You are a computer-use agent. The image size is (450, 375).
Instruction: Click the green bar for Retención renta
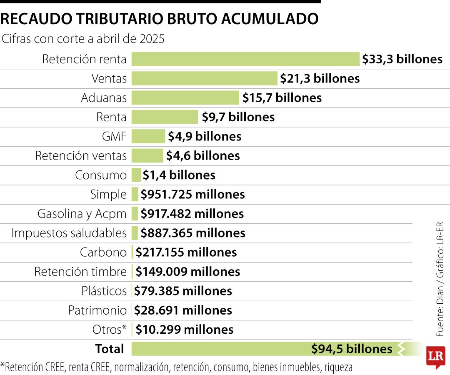click(x=245, y=59)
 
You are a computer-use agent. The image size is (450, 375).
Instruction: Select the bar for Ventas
click(x=204, y=78)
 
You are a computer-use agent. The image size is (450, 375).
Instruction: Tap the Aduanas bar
click(x=185, y=98)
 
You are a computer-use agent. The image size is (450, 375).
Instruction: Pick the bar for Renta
click(x=165, y=117)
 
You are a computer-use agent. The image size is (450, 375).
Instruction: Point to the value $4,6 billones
click(x=203, y=156)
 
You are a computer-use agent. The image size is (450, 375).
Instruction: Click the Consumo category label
click(x=100, y=175)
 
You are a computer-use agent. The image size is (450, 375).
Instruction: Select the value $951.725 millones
click(x=192, y=194)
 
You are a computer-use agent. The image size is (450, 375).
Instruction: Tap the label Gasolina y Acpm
click(x=82, y=214)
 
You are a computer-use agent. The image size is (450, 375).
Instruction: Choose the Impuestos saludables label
click(x=69, y=233)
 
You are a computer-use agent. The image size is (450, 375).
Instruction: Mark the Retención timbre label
click(x=80, y=272)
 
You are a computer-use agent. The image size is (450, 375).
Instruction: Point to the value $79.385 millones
click(x=183, y=291)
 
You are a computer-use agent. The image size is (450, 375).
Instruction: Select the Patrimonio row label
click(x=97, y=310)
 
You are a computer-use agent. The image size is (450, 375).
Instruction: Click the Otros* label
click(x=109, y=330)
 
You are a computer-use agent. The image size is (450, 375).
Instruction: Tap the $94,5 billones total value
click(x=352, y=349)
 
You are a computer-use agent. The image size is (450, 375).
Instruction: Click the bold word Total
click(x=110, y=349)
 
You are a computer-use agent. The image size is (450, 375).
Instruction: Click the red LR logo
click(x=436, y=356)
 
